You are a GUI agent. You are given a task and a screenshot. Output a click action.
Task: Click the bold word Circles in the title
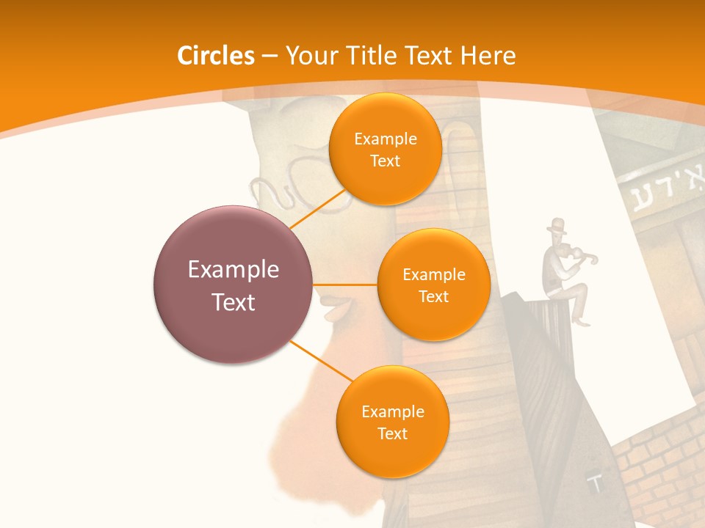pos(215,56)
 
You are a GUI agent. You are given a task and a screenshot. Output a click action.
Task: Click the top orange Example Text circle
pos(385,150)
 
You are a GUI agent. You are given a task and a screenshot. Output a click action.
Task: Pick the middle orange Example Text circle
pos(433,285)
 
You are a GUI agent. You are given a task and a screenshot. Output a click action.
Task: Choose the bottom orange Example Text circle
pos(392,422)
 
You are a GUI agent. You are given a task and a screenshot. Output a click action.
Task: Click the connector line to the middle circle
pos(345,285)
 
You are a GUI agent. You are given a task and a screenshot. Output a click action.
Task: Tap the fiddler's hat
pos(557,225)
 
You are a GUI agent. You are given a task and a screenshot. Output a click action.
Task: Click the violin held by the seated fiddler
pos(580,256)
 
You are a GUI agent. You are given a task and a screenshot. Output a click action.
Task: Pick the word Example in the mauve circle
pos(234,270)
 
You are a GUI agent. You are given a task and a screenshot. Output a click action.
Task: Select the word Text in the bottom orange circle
pos(392,433)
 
